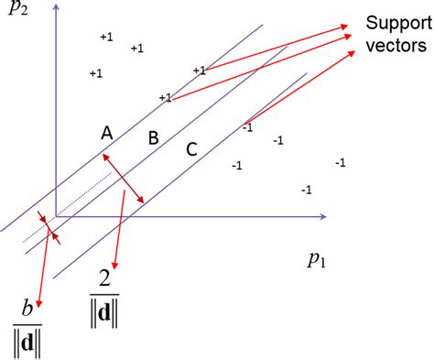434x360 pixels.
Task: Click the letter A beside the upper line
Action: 106,133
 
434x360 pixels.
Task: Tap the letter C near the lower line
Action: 190,148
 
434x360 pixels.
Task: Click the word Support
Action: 394,22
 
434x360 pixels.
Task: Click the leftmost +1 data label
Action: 94,72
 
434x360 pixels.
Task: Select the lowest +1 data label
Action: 165,97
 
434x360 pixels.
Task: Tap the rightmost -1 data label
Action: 340,162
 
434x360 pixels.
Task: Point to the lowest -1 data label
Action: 306,190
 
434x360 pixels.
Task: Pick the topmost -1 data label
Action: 246,127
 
